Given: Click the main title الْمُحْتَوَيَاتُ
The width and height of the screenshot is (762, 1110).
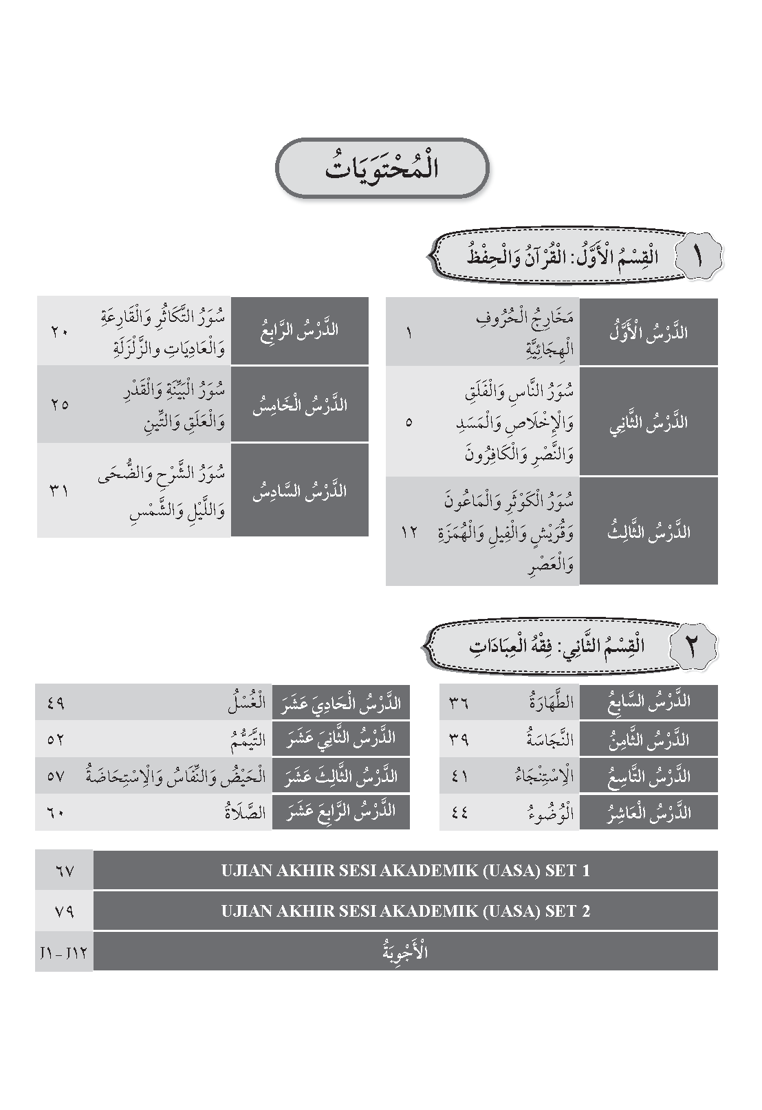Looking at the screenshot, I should click(382, 168).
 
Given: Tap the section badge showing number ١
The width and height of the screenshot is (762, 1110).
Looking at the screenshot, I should click(696, 257).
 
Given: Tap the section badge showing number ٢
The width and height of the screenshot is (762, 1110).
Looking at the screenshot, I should click(692, 646).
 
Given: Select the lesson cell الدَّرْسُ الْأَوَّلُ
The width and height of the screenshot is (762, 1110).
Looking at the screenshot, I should click(649, 332).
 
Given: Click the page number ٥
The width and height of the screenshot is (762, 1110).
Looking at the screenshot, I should click(409, 422).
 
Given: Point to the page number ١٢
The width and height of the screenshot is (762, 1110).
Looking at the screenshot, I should click(409, 532).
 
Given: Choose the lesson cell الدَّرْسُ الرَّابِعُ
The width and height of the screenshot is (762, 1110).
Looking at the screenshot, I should click(300, 331).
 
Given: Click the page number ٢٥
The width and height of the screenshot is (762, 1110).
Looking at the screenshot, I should click(60, 404).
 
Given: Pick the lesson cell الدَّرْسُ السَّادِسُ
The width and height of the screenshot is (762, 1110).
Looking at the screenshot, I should click(300, 490).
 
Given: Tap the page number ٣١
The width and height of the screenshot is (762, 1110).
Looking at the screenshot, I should click(60, 490).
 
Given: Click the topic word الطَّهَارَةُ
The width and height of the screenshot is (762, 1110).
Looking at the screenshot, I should click(547, 703).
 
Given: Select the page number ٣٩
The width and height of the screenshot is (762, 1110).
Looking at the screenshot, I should click(459, 740).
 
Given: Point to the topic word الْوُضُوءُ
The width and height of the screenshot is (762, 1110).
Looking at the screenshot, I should click(547, 813).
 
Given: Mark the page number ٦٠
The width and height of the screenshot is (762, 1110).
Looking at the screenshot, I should click(56, 813).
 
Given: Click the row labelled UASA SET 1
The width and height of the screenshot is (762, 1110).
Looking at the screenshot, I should click(405, 871).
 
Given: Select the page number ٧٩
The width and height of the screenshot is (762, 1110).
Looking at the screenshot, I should click(63, 911).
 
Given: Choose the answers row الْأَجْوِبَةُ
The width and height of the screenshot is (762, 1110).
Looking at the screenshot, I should click(405, 952).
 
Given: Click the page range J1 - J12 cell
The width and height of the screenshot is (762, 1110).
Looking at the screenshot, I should click(63, 952).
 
